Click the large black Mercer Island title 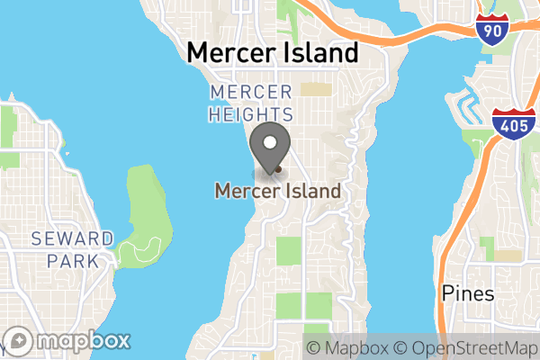[272, 53]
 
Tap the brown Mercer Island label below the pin [277, 191]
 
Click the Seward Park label [72, 250]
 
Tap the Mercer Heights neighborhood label [250, 103]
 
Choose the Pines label [469, 293]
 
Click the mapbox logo [67, 341]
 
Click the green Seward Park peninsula [144, 207]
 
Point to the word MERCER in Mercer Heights [250, 93]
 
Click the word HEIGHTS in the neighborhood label [250, 114]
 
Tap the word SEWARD [72, 238]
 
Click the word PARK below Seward [72, 262]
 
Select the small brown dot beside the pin [279, 168]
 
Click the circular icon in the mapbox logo [19, 341]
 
